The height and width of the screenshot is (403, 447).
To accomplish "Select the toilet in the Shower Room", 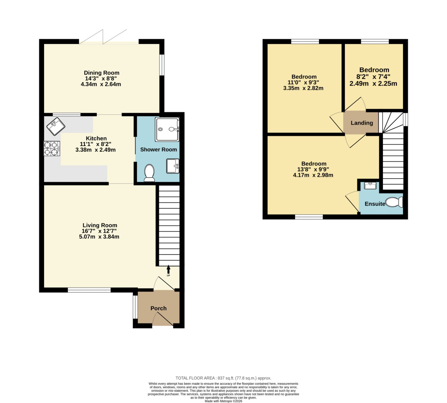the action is [149, 173].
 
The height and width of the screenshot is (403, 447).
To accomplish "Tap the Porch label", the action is [158, 308].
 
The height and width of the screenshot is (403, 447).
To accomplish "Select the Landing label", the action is [362, 123].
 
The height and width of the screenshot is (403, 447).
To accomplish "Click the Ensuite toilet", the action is [394, 202].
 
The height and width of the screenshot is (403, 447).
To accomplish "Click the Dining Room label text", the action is [101, 73].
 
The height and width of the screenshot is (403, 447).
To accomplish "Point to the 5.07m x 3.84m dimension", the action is [99, 237].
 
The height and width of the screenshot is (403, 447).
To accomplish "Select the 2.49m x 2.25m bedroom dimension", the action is [373, 84].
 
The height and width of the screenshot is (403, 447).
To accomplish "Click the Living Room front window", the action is [89, 290].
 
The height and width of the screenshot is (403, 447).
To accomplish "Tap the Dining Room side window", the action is [162, 65].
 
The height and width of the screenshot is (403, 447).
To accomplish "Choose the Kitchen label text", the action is [96, 138].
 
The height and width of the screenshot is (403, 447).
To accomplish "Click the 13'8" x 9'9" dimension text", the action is [313, 170].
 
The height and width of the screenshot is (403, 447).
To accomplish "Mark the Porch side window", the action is [135, 307].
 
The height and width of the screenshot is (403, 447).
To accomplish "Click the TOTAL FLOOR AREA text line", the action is [223, 378].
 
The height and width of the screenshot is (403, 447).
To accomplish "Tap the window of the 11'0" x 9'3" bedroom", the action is [305, 41].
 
